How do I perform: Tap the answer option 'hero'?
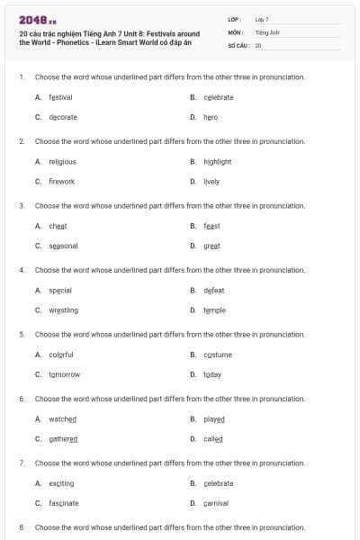point(210,117)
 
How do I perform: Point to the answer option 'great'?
point(211,246)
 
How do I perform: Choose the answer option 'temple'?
point(214,310)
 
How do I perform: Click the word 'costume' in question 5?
point(217,355)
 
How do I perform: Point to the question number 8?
point(22,527)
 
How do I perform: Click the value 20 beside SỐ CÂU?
point(258,45)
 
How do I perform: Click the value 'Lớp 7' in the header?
point(262,19)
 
